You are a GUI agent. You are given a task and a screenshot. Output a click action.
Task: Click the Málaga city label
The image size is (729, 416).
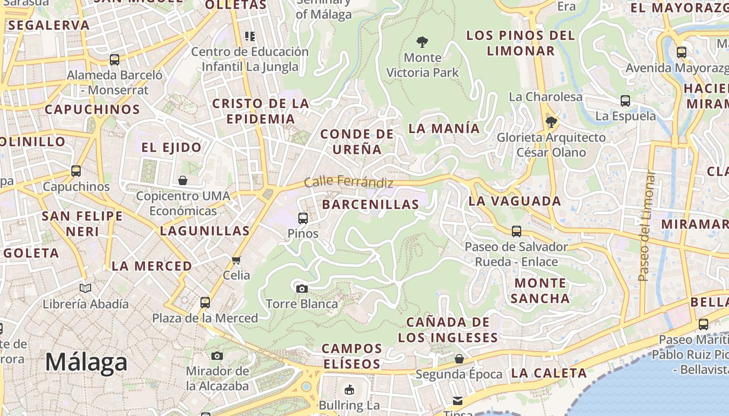click(x=86, y=362)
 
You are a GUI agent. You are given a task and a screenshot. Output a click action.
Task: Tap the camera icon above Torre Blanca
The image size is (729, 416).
click(x=301, y=289)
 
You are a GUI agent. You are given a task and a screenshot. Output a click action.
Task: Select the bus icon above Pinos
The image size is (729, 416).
click(x=303, y=218)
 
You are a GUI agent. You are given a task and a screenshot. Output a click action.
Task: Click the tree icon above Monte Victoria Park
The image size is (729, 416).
click(x=422, y=42)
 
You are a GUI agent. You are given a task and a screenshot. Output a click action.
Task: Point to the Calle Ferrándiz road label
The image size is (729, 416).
click(x=348, y=182)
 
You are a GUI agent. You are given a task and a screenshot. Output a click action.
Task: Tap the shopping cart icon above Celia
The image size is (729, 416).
click(x=236, y=259)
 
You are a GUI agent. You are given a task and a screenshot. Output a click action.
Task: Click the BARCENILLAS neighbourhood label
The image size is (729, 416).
click(x=370, y=204)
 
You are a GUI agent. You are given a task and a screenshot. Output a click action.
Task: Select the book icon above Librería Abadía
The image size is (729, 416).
click(x=85, y=288)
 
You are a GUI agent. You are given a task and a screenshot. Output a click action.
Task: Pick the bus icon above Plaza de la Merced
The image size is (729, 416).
click(x=205, y=302)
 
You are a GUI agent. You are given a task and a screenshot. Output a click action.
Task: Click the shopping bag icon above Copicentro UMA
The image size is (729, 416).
click(x=183, y=180)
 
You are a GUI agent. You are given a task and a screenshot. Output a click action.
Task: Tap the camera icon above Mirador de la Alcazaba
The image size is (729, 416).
click(x=217, y=356)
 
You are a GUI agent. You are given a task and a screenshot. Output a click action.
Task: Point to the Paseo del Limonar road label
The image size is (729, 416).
click(x=646, y=226)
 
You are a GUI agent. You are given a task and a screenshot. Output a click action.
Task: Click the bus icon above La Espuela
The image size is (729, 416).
click(x=625, y=100)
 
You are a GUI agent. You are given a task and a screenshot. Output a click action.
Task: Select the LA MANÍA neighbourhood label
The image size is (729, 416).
click(x=444, y=128)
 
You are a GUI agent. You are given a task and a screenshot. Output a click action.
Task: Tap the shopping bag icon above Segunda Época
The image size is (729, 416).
click(x=459, y=359)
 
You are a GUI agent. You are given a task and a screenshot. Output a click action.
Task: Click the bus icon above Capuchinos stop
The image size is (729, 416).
click(x=76, y=171)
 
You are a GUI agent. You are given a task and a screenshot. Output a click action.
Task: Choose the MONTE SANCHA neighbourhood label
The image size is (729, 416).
click(x=540, y=291)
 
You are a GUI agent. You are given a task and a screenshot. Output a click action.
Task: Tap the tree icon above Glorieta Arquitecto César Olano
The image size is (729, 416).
click(x=551, y=122)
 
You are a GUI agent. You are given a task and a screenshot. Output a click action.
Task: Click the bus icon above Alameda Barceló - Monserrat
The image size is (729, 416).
click(x=115, y=59)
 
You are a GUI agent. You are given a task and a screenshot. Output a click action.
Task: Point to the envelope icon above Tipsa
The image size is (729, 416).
click(x=457, y=400)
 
